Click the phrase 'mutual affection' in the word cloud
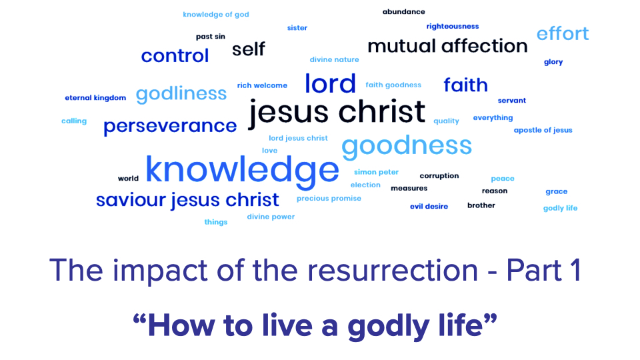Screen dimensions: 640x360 tap(447, 46)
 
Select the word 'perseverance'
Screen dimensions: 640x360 tap(170, 126)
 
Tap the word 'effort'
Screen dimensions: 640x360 tap(563, 33)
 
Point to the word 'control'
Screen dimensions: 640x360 tap(175, 55)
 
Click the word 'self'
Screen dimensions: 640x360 tap(249, 49)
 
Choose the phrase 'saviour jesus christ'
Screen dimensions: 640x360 tap(187, 200)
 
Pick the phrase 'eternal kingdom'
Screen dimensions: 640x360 tap(95, 97)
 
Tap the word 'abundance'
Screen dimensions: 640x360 tap(404, 12)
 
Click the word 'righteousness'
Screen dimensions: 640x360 tap(453, 27)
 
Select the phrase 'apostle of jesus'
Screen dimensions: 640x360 tap(543, 130)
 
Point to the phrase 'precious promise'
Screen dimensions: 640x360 tap(329, 199)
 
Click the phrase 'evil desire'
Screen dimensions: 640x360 tap(429, 207)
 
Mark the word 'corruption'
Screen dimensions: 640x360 tap(439, 176)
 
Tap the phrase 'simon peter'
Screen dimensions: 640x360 tap(376, 172)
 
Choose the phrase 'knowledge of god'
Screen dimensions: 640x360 tap(216, 15)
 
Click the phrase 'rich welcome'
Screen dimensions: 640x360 tap(262, 85)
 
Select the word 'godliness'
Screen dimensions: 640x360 tap(181, 94)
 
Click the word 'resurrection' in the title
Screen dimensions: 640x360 tap(393, 270)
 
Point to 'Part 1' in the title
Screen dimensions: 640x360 tap(544, 270)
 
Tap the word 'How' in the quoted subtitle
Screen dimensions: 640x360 tap(181, 326)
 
